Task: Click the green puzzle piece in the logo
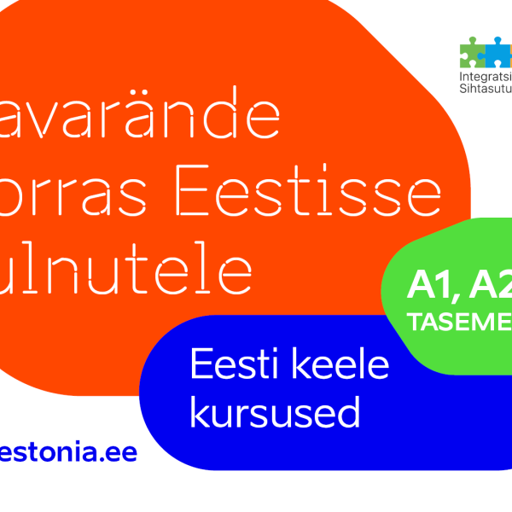click(x=471, y=52)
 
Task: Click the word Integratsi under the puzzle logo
click(x=485, y=74)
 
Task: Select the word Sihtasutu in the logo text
click(x=485, y=87)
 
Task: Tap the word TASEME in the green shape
click(x=460, y=323)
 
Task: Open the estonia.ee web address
click(x=68, y=452)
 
